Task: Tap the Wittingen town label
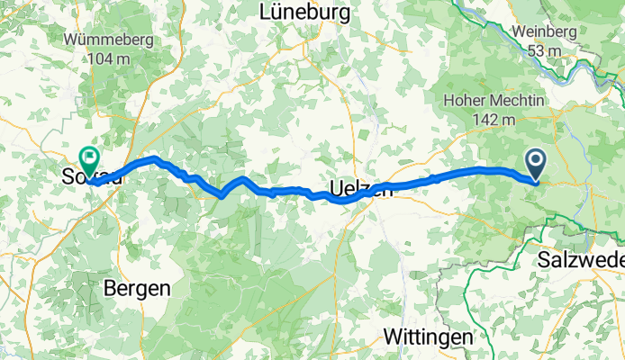click(x=428, y=337)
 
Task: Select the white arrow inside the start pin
click(x=535, y=161)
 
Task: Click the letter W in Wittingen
click(x=392, y=337)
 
